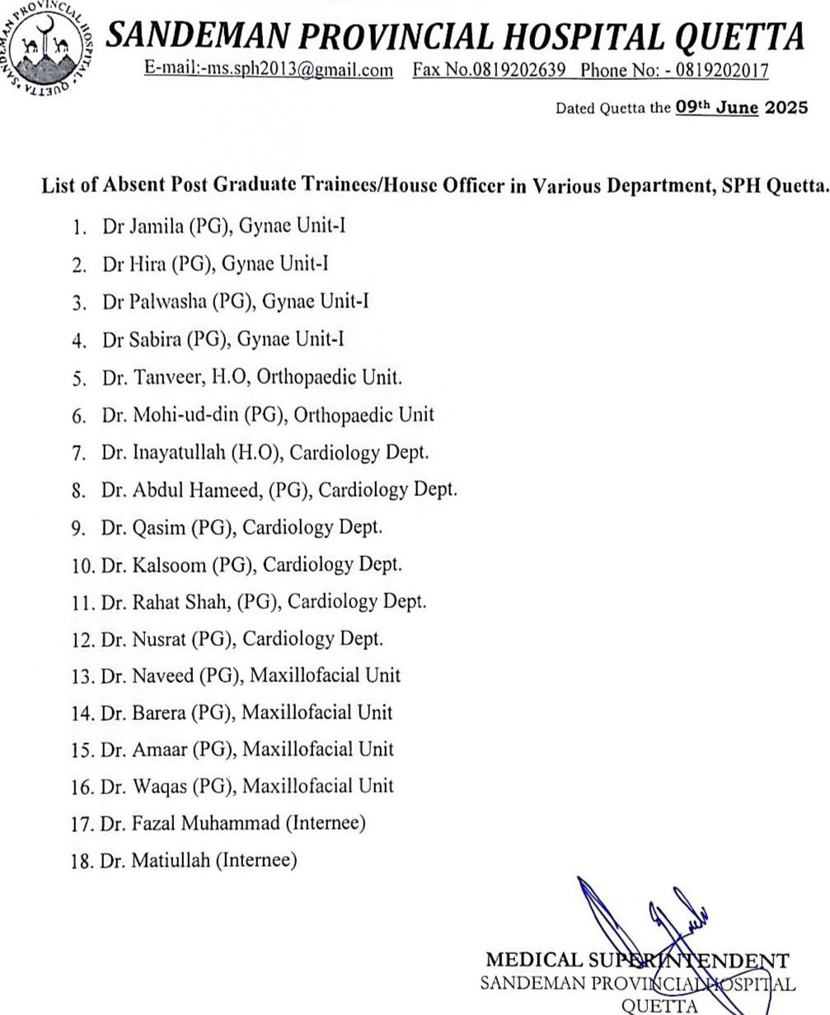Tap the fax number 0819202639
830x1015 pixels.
(519, 70)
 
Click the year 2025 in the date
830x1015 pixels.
(786, 107)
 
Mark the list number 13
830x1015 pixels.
(82, 676)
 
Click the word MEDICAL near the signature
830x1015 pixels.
(523, 961)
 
